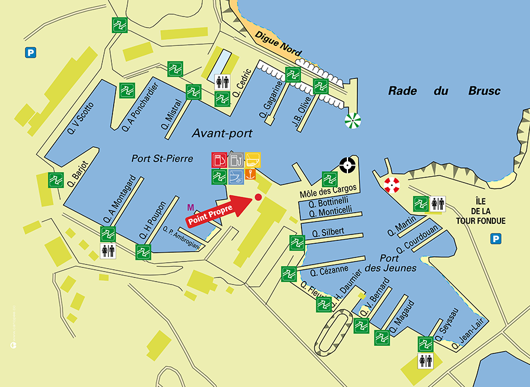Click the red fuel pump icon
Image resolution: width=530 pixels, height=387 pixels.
[x=219, y=160]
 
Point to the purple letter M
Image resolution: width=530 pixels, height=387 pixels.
[x=190, y=207]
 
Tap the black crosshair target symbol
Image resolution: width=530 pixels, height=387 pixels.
[x=347, y=164]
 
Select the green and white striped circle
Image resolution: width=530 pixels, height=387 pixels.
[x=353, y=121]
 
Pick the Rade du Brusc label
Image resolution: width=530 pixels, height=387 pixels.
[x=444, y=91]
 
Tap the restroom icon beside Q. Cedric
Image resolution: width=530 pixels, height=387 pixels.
[x=222, y=82]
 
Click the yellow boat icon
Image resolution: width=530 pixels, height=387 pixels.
[x=253, y=160]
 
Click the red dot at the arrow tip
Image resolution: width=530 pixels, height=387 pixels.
[x=257, y=197]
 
